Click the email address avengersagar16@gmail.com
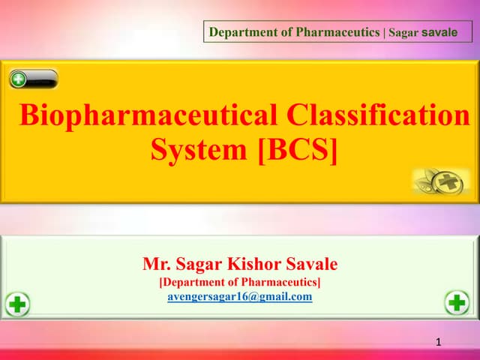pyautogui.click(x=239, y=296)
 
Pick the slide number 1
pyautogui.click(x=439, y=342)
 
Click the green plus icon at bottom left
pyautogui.click(x=18, y=304)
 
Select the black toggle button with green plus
pyautogui.click(x=34, y=79)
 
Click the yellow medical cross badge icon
pyautogui.click(x=448, y=181)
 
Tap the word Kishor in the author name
pyautogui.click(x=249, y=264)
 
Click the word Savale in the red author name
pyautogui.click(x=310, y=264)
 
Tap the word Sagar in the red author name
pyautogui.click(x=197, y=264)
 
